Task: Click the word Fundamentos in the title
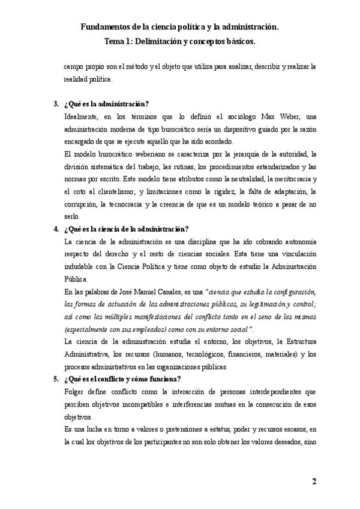(105, 28)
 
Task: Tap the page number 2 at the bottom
(314, 482)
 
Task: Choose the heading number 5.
(55, 379)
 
